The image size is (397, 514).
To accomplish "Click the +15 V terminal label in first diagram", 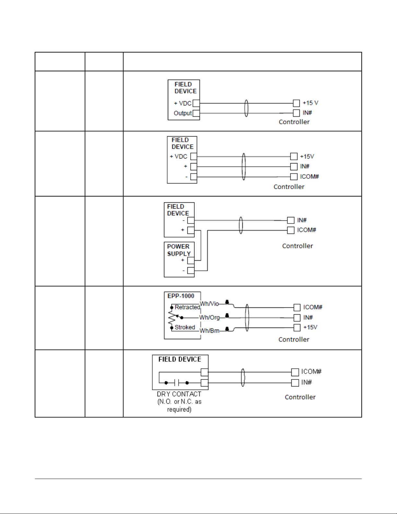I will [310, 103].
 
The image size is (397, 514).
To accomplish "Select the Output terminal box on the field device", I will [196, 114].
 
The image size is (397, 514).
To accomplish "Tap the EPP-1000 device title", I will [181, 296].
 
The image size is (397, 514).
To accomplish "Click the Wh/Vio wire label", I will [209, 304].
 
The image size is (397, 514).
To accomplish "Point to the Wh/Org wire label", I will [209, 317].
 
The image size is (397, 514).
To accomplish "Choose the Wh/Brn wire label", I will [209, 331].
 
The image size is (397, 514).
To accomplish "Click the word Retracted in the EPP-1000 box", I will [187, 307].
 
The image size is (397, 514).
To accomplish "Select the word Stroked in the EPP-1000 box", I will [185, 328].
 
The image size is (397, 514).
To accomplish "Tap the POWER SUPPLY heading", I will [179, 250].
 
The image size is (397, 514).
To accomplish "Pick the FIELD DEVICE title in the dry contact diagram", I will [180, 359].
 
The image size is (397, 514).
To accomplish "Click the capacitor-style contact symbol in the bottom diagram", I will [177, 383].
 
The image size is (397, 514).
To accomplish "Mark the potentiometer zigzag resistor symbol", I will [171, 318].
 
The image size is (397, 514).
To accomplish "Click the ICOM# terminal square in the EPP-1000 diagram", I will [297, 307].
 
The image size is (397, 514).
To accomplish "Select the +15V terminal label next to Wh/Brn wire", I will [310, 328].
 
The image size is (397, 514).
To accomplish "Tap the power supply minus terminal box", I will [191, 270].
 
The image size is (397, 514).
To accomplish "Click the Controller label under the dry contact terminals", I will [300, 397].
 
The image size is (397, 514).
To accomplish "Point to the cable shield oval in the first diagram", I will [246, 108].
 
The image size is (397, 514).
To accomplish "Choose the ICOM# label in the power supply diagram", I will [306, 230].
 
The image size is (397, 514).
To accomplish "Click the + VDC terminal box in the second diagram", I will [193, 157].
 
